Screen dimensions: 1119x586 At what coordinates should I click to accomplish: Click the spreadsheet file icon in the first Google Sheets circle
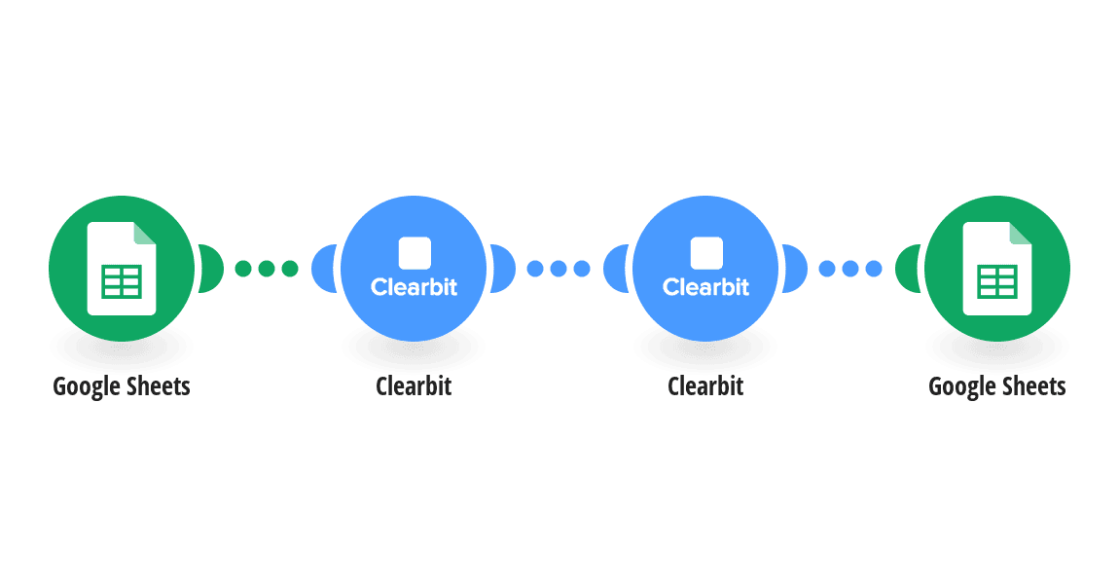click(122, 269)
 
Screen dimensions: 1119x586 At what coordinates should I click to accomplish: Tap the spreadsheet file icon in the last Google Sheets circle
click(997, 269)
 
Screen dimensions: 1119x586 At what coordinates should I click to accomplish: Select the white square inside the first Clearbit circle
click(415, 253)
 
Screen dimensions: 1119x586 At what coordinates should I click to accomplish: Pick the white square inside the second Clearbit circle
click(706, 253)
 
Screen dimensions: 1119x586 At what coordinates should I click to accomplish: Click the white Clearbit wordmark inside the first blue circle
click(414, 287)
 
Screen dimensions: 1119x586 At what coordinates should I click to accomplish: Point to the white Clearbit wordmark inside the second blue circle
click(705, 287)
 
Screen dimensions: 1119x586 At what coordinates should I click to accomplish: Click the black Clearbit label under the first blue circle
click(414, 386)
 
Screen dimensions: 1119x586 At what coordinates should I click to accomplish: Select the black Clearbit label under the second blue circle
click(705, 386)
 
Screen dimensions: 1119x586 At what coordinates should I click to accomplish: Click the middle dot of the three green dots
click(267, 269)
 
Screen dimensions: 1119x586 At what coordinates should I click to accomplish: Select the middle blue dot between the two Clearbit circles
click(559, 269)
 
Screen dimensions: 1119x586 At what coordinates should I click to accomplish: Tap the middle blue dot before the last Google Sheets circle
click(850, 269)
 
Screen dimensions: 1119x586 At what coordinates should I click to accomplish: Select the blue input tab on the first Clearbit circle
click(323, 269)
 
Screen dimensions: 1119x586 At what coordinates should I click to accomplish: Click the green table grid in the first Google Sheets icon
click(122, 281)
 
